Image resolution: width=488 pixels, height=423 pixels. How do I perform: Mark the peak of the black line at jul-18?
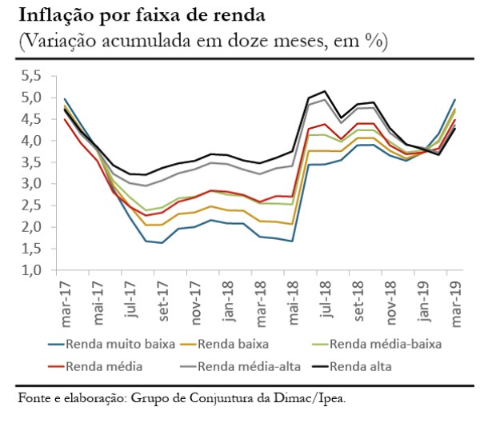click(324, 91)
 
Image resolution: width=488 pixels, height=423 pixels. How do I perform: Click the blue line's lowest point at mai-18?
click(292, 241)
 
